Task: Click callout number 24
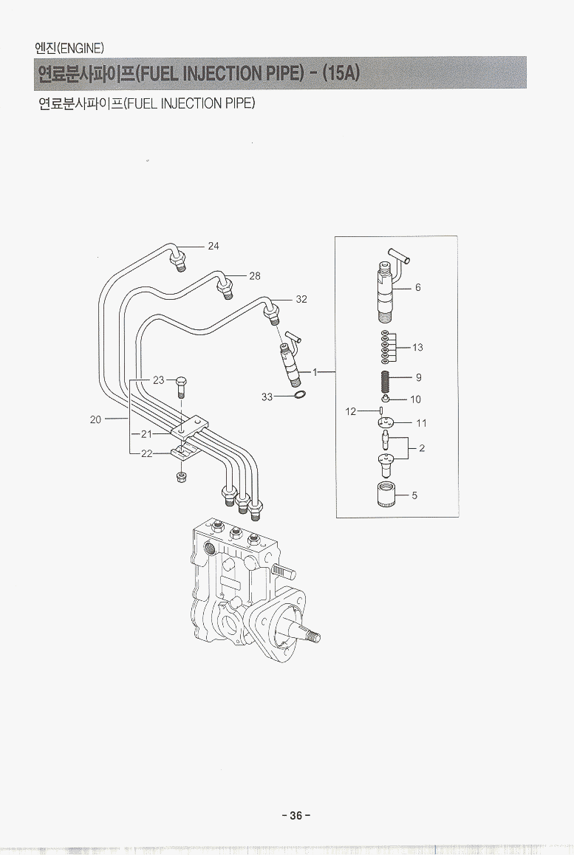pyautogui.click(x=213, y=246)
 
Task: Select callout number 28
pyautogui.click(x=255, y=276)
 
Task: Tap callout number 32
pyautogui.click(x=301, y=300)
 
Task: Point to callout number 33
pyautogui.click(x=267, y=397)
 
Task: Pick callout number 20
pyautogui.click(x=95, y=419)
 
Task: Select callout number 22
pyautogui.click(x=146, y=454)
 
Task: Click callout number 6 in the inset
pyautogui.click(x=418, y=288)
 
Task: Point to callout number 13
pyautogui.click(x=418, y=348)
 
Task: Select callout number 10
pyautogui.click(x=415, y=400)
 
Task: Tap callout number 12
pyautogui.click(x=351, y=411)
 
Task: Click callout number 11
pyautogui.click(x=421, y=424)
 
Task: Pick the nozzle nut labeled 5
pyautogui.click(x=383, y=494)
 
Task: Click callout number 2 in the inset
pyautogui.click(x=421, y=448)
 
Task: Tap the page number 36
pyautogui.click(x=296, y=816)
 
